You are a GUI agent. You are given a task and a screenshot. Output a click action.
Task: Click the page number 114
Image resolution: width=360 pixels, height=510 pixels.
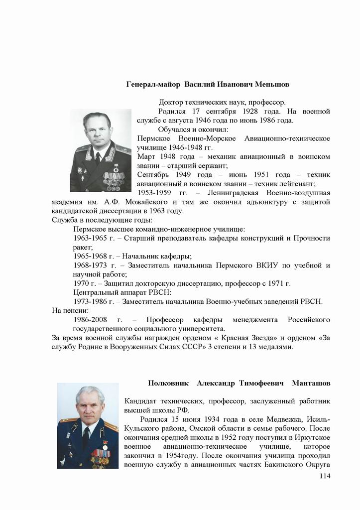[324, 476]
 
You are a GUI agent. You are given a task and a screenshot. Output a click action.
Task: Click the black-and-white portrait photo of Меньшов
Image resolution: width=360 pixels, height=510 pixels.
[101, 150]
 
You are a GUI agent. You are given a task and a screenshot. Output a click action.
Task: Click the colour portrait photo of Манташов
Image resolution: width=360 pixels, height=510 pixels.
[88, 426]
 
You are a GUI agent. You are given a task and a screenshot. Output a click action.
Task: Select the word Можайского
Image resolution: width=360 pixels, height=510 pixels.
[149, 202]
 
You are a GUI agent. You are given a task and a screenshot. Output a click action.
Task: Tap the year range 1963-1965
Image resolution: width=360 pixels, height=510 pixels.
[90, 238]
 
